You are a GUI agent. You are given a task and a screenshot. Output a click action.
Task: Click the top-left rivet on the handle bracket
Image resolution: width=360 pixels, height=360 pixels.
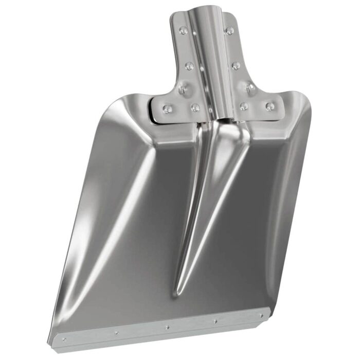pyautogui.click(x=183, y=31)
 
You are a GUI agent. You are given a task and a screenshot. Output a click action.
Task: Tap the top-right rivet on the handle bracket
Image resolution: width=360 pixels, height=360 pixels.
pyautogui.click(x=229, y=31)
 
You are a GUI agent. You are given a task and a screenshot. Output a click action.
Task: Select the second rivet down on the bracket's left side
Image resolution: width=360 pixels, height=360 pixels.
pyautogui.click(x=189, y=66)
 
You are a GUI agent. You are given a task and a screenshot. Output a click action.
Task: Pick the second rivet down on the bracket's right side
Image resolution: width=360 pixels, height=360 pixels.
pyautogui.click(x=236, y=66)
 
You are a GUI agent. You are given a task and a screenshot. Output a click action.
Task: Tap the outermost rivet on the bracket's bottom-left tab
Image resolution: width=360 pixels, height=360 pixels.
pyautogui.click(x=167, y=109)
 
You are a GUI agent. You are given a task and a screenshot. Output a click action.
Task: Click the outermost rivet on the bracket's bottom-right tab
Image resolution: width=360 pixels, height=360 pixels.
pyautogui.click(x=269, y=106)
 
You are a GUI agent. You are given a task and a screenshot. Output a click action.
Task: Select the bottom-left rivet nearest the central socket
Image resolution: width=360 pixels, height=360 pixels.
pyautogui.click(x=195, y=107)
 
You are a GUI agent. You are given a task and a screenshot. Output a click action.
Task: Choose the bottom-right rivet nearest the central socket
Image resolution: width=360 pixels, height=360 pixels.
pyautogui.click(x=244, y=106)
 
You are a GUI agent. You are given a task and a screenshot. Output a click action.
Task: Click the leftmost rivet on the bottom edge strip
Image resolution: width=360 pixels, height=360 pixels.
pyautogui.click(x=64, y=339)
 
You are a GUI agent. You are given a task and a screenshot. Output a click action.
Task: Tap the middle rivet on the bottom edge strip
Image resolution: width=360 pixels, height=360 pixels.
pyautogui.click(x=166, y=326)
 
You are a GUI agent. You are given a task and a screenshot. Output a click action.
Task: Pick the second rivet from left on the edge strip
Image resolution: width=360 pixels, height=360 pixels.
pyautogui.click(x=116, y=332)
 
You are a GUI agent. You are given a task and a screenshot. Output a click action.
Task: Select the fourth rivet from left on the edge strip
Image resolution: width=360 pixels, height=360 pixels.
pyautogui.click(x=214, y=321)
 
